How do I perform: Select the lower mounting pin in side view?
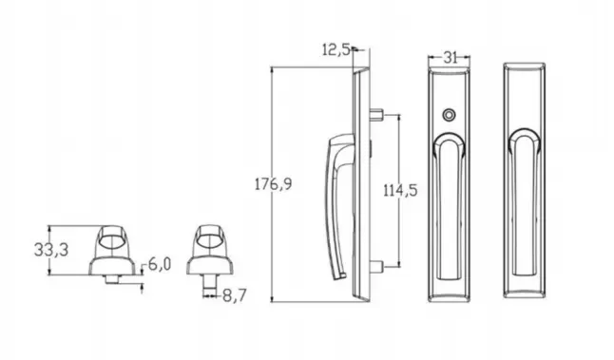pos(378,265)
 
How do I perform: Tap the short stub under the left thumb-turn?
pos(113,277)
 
